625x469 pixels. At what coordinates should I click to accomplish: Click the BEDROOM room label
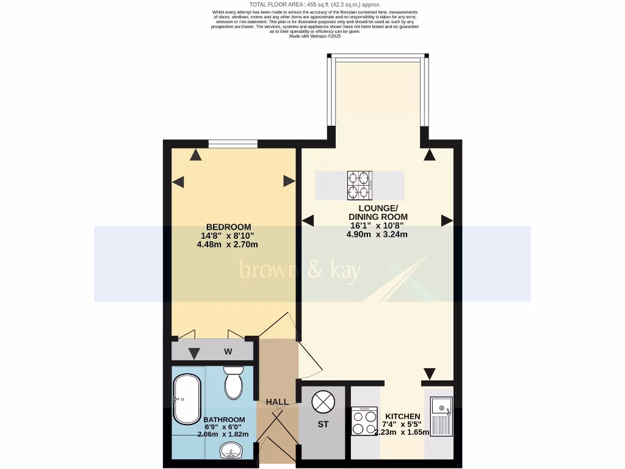(228, 227)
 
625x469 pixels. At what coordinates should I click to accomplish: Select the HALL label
(277, 402)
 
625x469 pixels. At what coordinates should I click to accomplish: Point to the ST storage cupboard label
(323, 424)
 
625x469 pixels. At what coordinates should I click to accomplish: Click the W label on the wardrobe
(228, 351)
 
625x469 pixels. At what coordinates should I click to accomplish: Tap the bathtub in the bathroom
(186, 399)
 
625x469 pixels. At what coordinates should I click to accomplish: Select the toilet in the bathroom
(233, 382)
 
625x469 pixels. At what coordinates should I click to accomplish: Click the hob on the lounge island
(360, 186)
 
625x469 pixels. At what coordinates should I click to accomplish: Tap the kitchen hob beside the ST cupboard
(365, 421)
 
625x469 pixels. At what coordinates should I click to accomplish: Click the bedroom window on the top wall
(232, 144)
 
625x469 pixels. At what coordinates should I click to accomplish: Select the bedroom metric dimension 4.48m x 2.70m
(227, 245)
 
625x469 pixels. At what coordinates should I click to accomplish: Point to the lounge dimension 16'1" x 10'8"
(378, 225)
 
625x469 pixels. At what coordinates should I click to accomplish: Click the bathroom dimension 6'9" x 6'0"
(223, 427)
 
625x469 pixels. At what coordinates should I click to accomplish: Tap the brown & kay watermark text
(300, 270)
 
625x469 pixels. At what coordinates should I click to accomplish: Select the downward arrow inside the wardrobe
(194, 354)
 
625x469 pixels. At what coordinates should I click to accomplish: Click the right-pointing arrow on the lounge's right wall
(447, 220)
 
